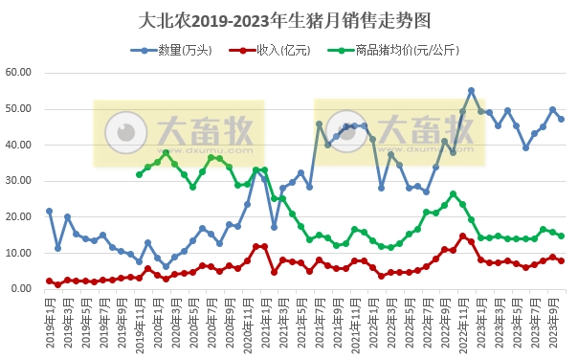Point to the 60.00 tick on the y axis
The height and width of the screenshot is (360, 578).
pyautogui.click(x=20, y=73)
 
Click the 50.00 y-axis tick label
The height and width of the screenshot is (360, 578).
pyautogui.click(x=20, y=109)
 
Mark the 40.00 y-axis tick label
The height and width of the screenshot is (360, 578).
pyautogui.click(x=20, y=145)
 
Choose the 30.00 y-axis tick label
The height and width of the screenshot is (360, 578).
pyautogui.click(x=20, y=181)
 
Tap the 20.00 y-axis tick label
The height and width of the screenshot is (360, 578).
pyautogui.click(x=20, y=216)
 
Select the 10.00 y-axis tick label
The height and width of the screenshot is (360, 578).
pyautogui.click(x=20, y=253)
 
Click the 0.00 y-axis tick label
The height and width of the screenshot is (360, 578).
pyautogui.click(x=23, y=288)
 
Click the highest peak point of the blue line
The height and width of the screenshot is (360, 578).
pyautogui.click(x=472, y=91)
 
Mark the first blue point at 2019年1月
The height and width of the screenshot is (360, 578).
pyautogui.click(x=50, y=211)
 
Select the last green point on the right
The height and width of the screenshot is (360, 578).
pyautogui.click(x=562, y=236)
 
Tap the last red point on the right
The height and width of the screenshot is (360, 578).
pyautogui.click(x=562, y=260)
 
